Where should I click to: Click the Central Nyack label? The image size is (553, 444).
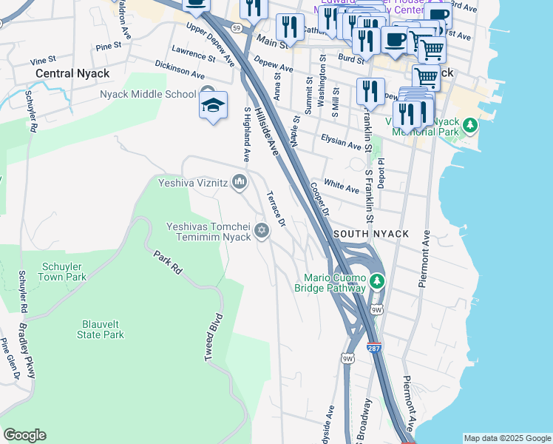click(72, 73)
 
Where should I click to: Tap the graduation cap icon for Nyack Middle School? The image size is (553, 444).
click(213, 105)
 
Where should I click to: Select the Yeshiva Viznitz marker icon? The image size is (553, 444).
click(240, 181)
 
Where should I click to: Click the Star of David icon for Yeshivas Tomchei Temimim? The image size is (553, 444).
click(261, 232)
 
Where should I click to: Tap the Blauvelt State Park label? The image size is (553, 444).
click(101, 329)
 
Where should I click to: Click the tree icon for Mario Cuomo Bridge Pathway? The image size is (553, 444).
click(377, 281)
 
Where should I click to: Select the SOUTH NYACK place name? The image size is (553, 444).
click(371, 234)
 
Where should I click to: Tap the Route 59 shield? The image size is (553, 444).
click(236, 27)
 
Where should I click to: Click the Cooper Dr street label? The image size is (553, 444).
click(319, 198)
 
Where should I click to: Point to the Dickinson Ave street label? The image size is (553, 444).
click(180, 70)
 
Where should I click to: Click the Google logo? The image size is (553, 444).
click(24, 435)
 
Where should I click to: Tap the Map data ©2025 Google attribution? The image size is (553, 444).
click(506, 438)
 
